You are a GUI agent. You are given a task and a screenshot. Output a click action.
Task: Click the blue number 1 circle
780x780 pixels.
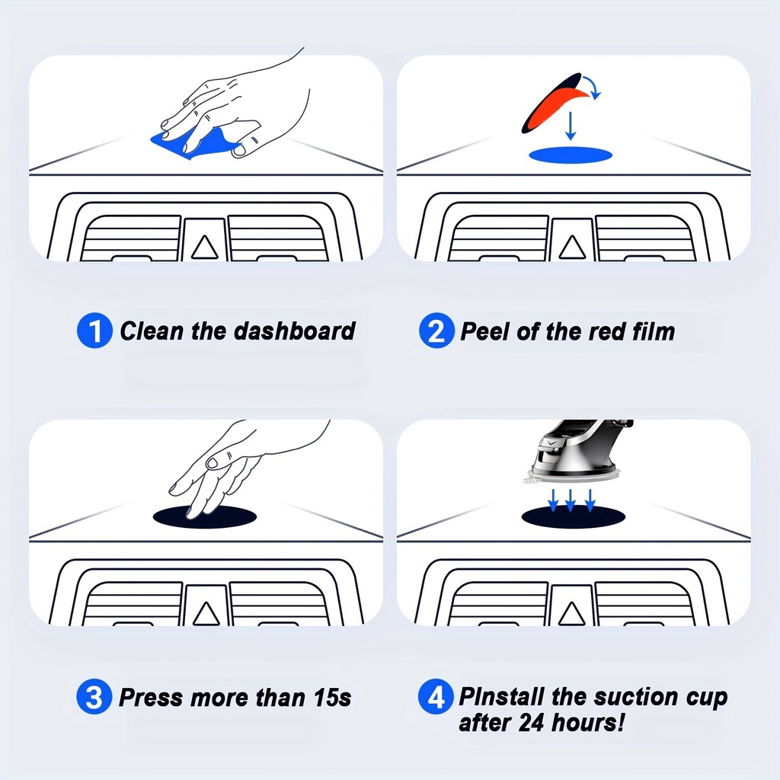(x=94, y=331)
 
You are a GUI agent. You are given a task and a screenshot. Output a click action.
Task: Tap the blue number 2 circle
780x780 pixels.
(x=436, y=331)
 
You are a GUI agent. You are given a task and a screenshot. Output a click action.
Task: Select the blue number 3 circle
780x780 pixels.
(x=94, y=696)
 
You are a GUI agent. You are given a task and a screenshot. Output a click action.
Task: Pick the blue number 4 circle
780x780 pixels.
(x=436, y=696)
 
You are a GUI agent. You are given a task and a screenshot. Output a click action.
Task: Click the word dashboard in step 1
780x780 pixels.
(x=295, y=331)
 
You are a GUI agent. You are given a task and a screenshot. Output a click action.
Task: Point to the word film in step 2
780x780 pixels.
(x=653, y=331)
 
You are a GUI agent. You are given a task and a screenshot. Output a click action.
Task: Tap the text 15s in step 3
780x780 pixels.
(x=333, y=698)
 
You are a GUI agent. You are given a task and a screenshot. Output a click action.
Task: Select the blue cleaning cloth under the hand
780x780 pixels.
(x=195, y=142)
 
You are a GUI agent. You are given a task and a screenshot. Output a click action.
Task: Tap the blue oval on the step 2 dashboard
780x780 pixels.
(x=570, y=155)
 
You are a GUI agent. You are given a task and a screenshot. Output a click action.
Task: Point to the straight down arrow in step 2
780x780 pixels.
(x=571, y=126)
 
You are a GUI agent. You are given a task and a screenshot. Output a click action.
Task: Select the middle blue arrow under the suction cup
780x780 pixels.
(x=571, y=500)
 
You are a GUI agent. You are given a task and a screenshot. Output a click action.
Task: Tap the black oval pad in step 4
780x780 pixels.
(x=573, y=517)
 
